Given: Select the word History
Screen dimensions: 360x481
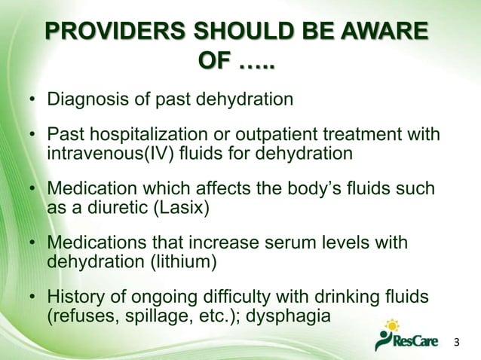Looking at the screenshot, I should point(78,298).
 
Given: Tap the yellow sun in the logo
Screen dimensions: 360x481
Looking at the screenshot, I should point(391,326).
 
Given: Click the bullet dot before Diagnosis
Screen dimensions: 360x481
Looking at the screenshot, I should point(33,100).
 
